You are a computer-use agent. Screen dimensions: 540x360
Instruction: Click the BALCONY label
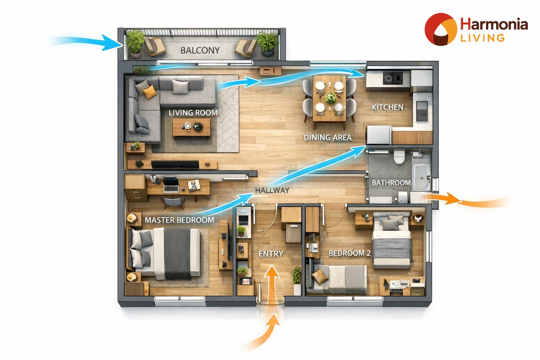click(x=200, y=50)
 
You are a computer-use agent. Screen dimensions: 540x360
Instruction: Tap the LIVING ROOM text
click(x=193, y=112)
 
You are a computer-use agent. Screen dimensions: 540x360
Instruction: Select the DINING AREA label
click(x=328, y=137)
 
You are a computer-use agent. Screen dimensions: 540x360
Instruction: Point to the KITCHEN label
click(x=387, y=107)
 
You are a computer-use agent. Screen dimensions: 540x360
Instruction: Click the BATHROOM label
click(x=391, y=183)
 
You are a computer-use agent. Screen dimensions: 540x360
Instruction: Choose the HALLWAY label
click(x=272, y=191)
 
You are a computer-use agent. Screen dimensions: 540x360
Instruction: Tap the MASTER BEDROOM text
click(x=179, y=220)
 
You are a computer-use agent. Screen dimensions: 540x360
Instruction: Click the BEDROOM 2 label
click(x=349, y=253)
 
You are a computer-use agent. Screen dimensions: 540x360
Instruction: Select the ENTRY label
click(x=271, y=254)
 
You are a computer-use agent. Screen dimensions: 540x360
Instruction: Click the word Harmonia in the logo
click(x=494, y=24)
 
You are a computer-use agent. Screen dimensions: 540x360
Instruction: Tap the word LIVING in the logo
click(x=482, y=38)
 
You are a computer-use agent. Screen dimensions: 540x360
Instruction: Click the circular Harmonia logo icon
click(x=441, y=29)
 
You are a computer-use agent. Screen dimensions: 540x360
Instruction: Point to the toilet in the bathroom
click(x=399, y=157)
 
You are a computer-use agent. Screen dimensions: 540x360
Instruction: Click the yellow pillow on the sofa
click(x=149, y=92)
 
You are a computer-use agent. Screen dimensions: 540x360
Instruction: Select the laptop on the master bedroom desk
click(x=171, y=185)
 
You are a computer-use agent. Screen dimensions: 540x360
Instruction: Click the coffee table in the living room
click(x=191, y=128)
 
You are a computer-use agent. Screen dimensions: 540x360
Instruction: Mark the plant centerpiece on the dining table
click(x=330, y=98)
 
